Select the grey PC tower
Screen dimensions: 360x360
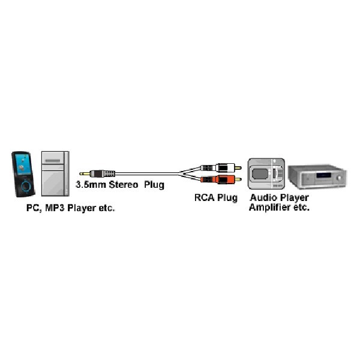55,173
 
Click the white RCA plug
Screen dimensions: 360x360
224,167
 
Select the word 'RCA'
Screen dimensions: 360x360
205,197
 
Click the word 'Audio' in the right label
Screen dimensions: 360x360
262,197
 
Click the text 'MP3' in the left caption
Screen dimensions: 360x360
53,208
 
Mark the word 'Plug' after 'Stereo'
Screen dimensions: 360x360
154,185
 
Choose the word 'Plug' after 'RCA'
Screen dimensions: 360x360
227,197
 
